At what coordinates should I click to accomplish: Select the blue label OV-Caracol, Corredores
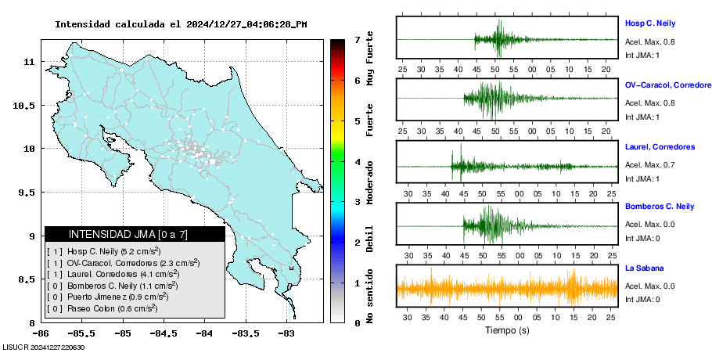coord(668,85)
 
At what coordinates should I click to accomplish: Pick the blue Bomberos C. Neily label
coord(660,207)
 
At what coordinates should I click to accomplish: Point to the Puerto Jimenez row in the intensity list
coord(108,297)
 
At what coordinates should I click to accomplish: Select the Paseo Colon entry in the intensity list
coord(102,308)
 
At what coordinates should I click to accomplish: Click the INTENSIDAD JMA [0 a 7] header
coord(128,235)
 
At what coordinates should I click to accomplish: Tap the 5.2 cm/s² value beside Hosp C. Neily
coord(141,251)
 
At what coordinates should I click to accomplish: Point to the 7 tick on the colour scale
coord(358,40)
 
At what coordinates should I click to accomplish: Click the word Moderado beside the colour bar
coord(370,182)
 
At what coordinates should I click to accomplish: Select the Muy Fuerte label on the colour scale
coord(370,58)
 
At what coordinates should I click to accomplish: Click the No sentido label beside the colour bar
coord(370,297)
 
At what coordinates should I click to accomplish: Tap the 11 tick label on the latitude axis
coord(29,61)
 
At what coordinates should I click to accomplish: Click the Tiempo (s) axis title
coord(507,330)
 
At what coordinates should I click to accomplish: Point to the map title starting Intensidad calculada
coord(181,24)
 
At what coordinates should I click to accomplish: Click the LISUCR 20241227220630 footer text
coord(44,347)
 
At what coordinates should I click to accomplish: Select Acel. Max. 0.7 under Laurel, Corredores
coord(649,165)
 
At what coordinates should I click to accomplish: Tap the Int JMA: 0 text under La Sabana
coord(642,299)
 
